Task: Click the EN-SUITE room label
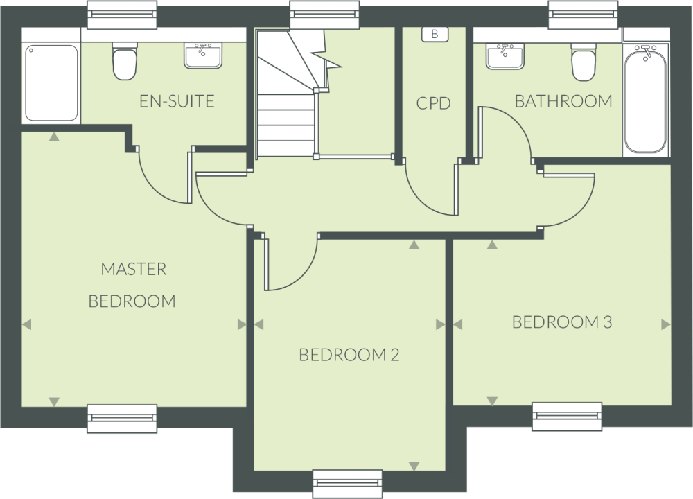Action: coord(177,101)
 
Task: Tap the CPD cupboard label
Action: coord(434,103)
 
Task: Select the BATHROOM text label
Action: coord(563,101)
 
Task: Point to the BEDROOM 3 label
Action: coord(562,322)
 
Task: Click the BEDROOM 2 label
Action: coord(349,355)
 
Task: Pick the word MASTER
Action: coord(134,269)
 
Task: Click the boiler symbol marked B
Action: coord(435,34)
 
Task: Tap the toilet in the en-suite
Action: coord(125,61)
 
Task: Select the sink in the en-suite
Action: coord(203,55)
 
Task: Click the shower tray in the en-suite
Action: coord(51,82)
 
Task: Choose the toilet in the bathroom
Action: coord(584,62)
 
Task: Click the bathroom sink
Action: coord(505,56)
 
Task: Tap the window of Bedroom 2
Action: coord(347,484)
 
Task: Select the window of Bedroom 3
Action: coord(567,417)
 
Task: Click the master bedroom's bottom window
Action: coord(122,419)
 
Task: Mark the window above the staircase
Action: coord(324,14)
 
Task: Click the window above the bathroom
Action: coord(584,14)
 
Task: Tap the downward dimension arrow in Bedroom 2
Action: coord(414,466)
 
